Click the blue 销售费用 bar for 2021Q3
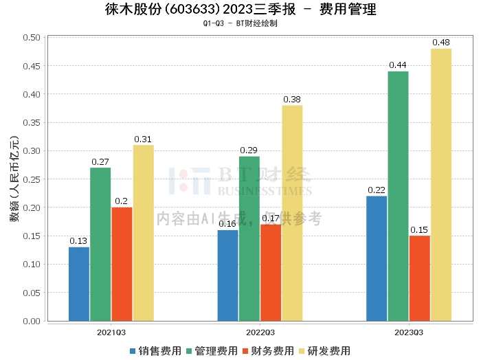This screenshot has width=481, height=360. [x=79, y=284]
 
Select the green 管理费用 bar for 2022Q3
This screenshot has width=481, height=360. [x=249, y=238]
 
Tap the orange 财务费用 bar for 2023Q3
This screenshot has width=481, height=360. [x=419, y=278]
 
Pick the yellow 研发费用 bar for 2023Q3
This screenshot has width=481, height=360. [x=441, y=184]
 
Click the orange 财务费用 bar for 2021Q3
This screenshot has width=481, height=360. [x=122, y=264]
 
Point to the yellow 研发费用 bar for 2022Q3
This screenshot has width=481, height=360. [x=292, y=213]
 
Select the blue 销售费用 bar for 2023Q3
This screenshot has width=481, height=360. [x=377, y=258]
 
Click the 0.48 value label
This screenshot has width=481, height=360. [x=441, y=43]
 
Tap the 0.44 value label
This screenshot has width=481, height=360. [x=398, y=65]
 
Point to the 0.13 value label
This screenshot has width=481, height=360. [x=78, y=241]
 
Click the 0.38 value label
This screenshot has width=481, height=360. [x=292, y=100]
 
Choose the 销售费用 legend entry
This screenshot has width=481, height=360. [x=155, y=351]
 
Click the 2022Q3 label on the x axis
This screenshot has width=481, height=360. [x=260, y=332]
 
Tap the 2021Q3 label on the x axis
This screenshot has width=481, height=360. [x=111, y=332]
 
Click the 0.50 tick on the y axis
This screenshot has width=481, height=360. [x=31, y=37]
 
